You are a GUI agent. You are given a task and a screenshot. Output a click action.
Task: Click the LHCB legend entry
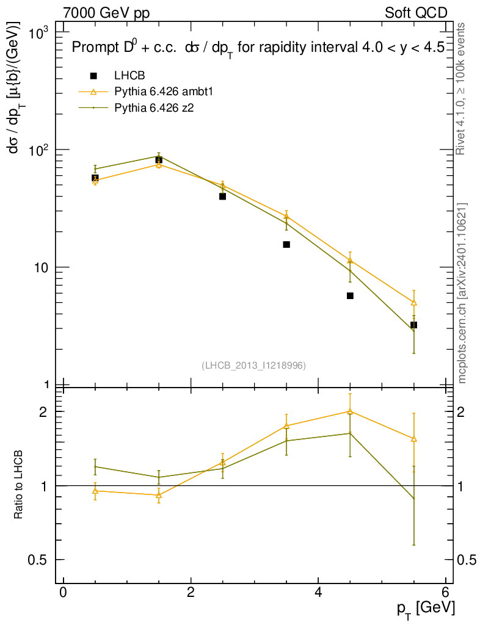click(128, 76)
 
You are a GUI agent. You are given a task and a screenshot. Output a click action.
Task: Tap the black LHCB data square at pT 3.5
click(286, 245)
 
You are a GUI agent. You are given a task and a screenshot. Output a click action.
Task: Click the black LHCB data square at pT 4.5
click(350, 296)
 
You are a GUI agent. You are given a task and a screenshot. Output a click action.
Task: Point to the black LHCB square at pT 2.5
click(222, 197)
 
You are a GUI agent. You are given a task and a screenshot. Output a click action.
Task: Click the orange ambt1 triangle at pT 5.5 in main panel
click(414, 303)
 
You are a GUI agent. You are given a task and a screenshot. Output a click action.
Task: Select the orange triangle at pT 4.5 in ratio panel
click(350, 411)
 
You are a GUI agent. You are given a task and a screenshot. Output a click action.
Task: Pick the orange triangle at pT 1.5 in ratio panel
click(159, 495)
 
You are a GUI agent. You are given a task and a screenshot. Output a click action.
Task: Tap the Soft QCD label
click(416, 13)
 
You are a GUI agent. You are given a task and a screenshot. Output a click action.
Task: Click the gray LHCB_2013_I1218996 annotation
click(253, 365)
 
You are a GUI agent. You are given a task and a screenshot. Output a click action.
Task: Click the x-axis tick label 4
click(318, 592)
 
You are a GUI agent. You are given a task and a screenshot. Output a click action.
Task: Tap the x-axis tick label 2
click(191, 592)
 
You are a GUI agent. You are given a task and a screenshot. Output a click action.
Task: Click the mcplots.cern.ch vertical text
click(463, 293)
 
